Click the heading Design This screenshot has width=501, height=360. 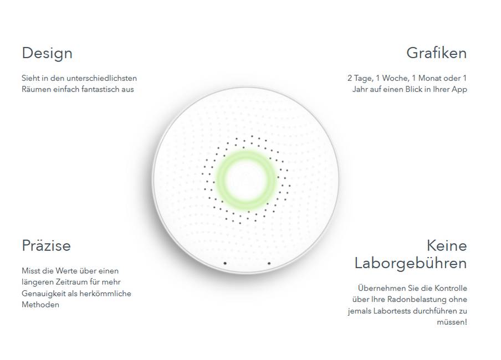click(47, 53)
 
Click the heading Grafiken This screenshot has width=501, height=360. click(437, 53)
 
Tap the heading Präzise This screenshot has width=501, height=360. click(47, 246)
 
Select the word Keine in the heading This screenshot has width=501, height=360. click(447, 246)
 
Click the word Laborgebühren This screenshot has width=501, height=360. click(411, 264)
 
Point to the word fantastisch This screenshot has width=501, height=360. click(100, 89)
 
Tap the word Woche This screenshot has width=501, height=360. click(396, 78)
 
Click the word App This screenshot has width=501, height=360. click(459, 89)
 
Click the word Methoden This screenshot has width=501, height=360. click(40, 305)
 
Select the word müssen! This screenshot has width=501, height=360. click(452, 322)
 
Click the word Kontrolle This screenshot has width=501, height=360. click(451, 288)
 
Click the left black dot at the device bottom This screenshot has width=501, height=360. click(225, 263)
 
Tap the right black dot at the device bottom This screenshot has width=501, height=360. click(269, 263)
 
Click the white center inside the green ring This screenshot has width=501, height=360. click(246, 180)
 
